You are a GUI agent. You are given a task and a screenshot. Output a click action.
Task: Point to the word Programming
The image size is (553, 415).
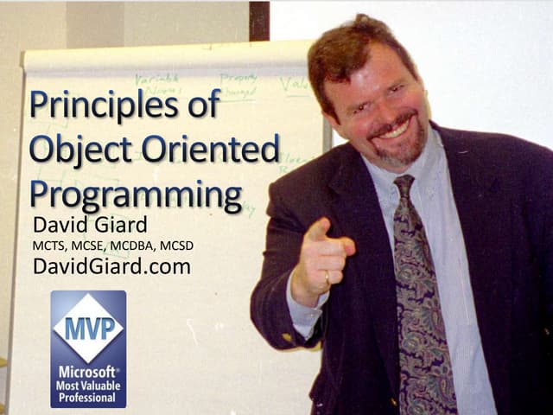(x=136, y=194)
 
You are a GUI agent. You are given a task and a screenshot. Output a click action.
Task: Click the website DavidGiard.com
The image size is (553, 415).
(x=111, y=267)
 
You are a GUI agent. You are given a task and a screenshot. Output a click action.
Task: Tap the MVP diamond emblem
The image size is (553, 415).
(x=88, y=328)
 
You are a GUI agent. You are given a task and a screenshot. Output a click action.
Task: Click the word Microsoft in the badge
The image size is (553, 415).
(x=88, y=371)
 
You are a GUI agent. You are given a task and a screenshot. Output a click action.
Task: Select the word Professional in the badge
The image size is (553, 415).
(x=87, y=398)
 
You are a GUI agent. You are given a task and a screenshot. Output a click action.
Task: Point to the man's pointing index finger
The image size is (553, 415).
(x=318, y=230)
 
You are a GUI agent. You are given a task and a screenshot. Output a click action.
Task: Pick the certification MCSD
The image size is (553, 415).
(x=177, y=246)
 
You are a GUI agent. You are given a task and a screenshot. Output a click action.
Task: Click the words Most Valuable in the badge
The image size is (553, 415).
(x=87, y=385)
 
